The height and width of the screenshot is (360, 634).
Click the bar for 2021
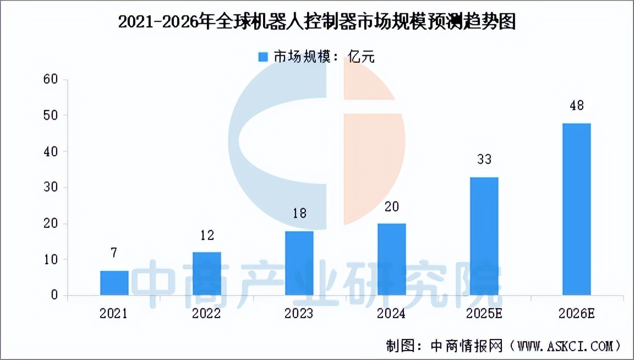click(114, 283)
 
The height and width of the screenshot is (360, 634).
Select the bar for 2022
click(207, 274)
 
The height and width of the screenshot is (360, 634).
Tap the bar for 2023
click(299, 263)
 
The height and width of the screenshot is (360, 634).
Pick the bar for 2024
click(392, 259)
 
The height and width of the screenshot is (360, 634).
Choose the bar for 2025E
click(484, 236)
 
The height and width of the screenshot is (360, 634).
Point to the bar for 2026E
click(577, 209)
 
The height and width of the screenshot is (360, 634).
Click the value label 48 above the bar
click(577, 105)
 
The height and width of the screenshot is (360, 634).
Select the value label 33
click(484, 160)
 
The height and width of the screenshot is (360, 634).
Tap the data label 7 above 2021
click(114, 253)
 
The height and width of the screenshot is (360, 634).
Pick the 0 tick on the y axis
click(54, 296)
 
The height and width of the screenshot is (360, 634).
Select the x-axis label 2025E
click(484, 314)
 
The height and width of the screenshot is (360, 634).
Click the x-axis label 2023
click(299, 314)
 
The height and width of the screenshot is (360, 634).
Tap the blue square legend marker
click(263, 57)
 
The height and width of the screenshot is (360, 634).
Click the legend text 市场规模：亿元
click(325, 57)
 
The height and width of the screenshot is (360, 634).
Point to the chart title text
click(317, 23)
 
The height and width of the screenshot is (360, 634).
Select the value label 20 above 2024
click(392, 206)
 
